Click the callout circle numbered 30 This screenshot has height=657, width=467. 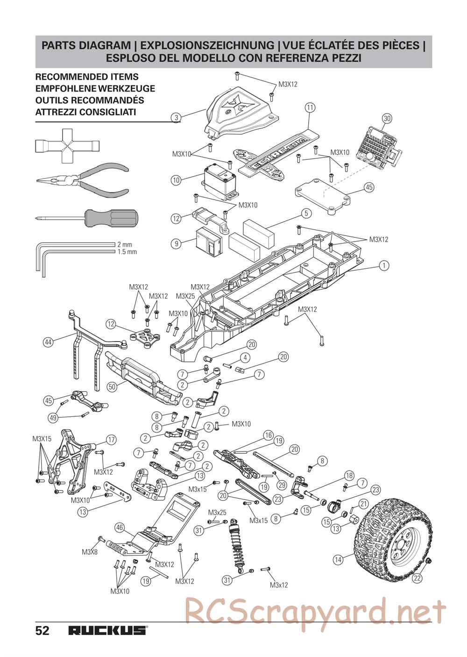tap(387, 118)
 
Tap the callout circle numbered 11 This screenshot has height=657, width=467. tap(310, 107)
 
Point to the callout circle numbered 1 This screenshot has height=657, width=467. tap(384, 265)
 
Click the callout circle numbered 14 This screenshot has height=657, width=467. tap(339, 559)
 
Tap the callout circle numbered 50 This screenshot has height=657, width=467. tap(112, 386)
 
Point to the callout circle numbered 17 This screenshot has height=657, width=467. tap(111, 440)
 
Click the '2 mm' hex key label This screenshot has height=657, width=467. tap(125, 244)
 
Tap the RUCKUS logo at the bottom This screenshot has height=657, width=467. tap(107, 631)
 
